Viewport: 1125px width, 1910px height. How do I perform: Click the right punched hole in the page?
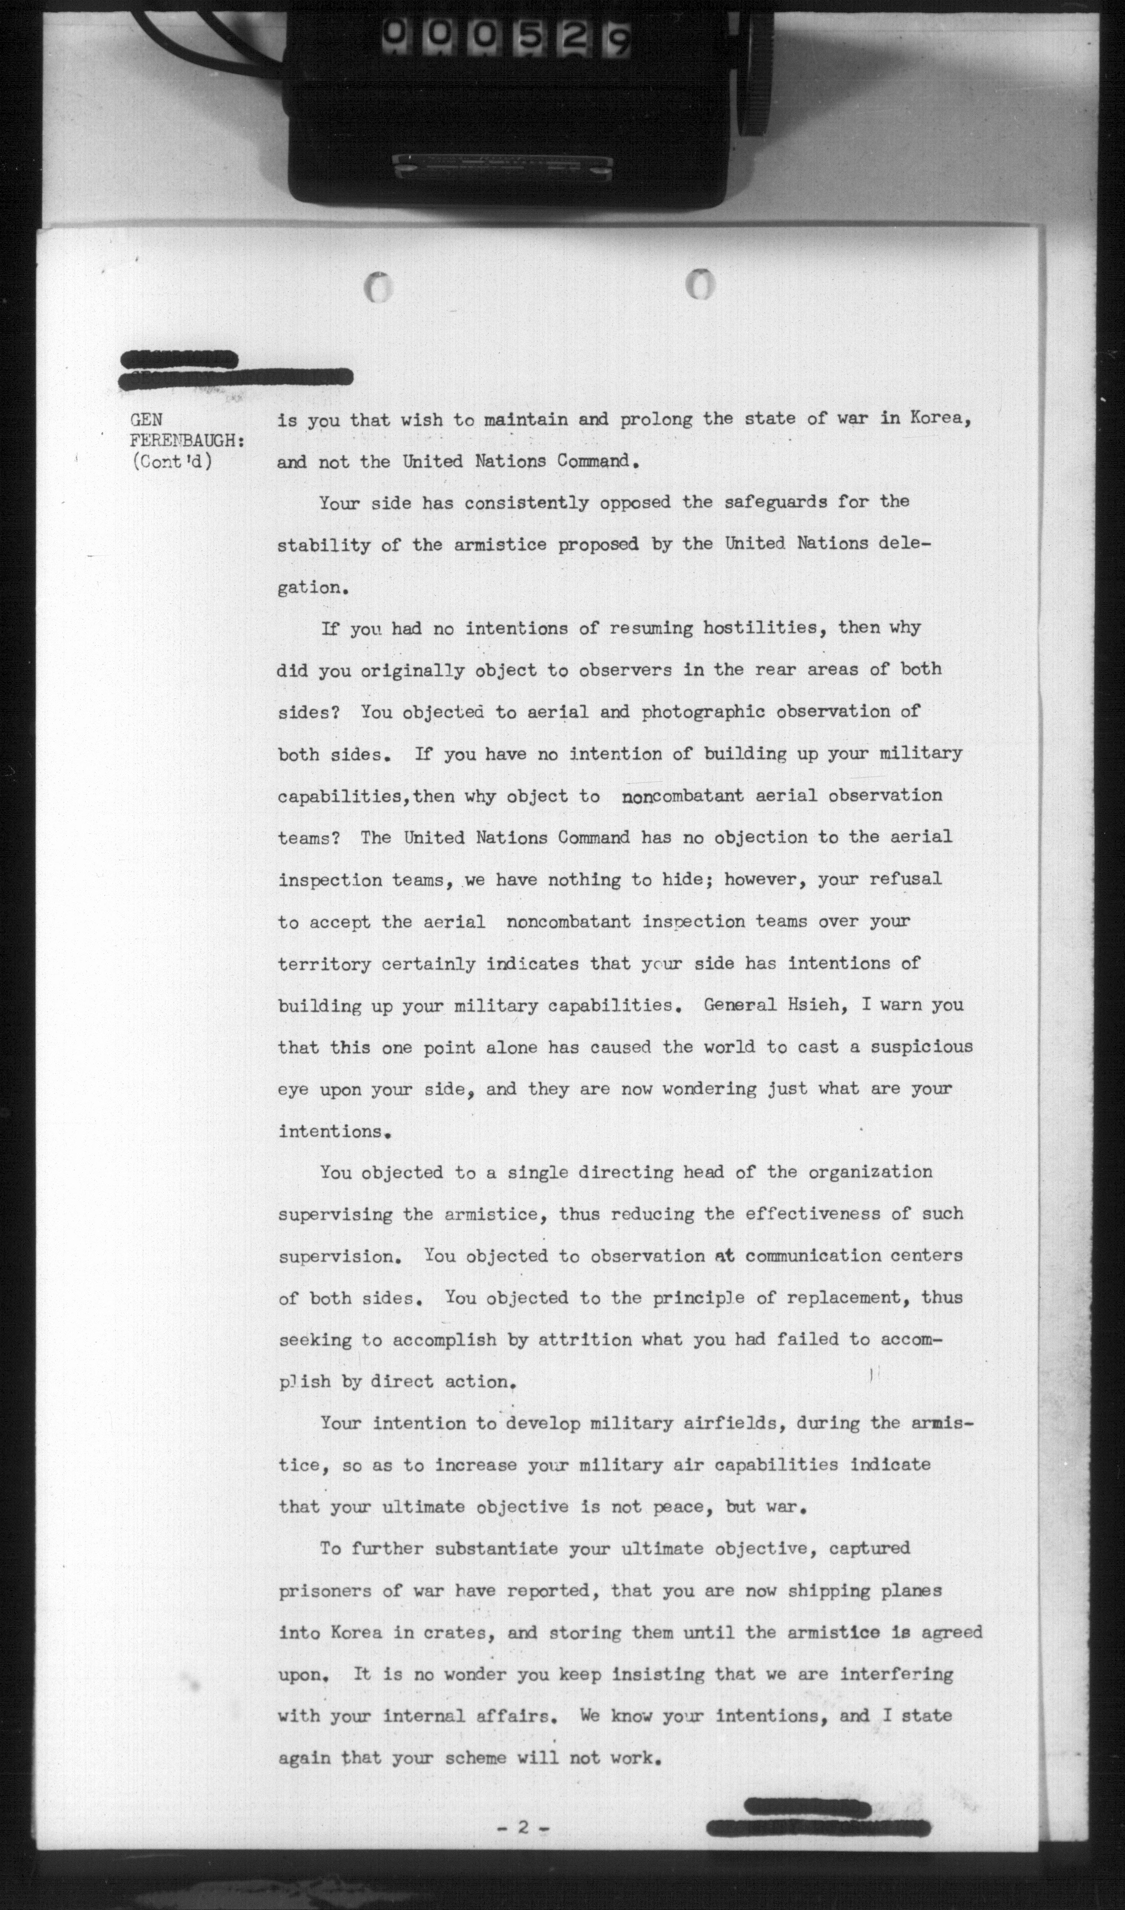tap(701, 284)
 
